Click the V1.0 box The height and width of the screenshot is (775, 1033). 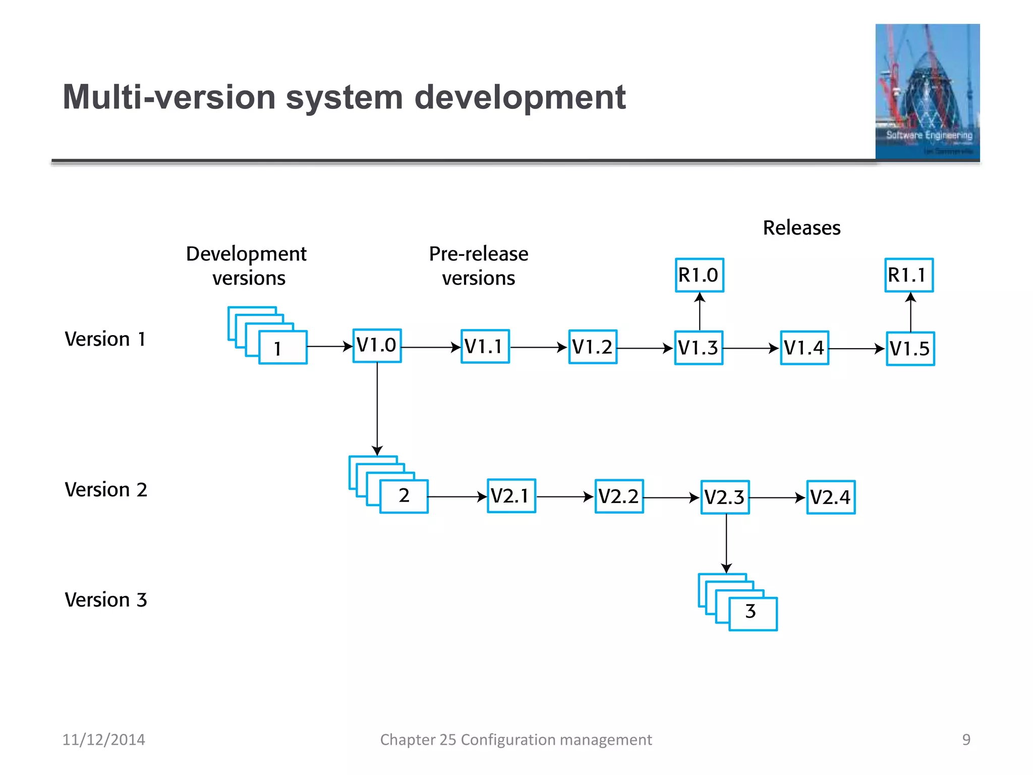[377, 346]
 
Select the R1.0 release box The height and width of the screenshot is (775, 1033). [699, 275]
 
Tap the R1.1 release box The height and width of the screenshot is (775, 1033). [909, 275]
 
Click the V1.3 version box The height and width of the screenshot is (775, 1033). [699, 348]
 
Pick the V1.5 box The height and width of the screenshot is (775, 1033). [910, 349]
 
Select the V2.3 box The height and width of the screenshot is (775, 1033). [725, 497]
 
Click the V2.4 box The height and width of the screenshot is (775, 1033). [831, 497]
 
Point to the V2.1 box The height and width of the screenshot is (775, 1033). [511, 496]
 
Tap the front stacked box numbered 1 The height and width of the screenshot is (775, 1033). [282, 348]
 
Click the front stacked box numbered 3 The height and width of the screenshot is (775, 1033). [753, 614]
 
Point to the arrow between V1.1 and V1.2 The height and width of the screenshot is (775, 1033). [538, 347]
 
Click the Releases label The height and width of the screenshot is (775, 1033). [801, 228]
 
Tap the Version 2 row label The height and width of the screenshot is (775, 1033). [106, 490]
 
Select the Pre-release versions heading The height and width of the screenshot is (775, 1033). [478, 266]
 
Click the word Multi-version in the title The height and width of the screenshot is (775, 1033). [169, 97]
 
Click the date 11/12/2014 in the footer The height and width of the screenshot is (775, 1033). [103, 740]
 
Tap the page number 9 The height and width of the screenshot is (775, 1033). [966, 740]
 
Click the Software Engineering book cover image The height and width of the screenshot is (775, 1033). [927, 92]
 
